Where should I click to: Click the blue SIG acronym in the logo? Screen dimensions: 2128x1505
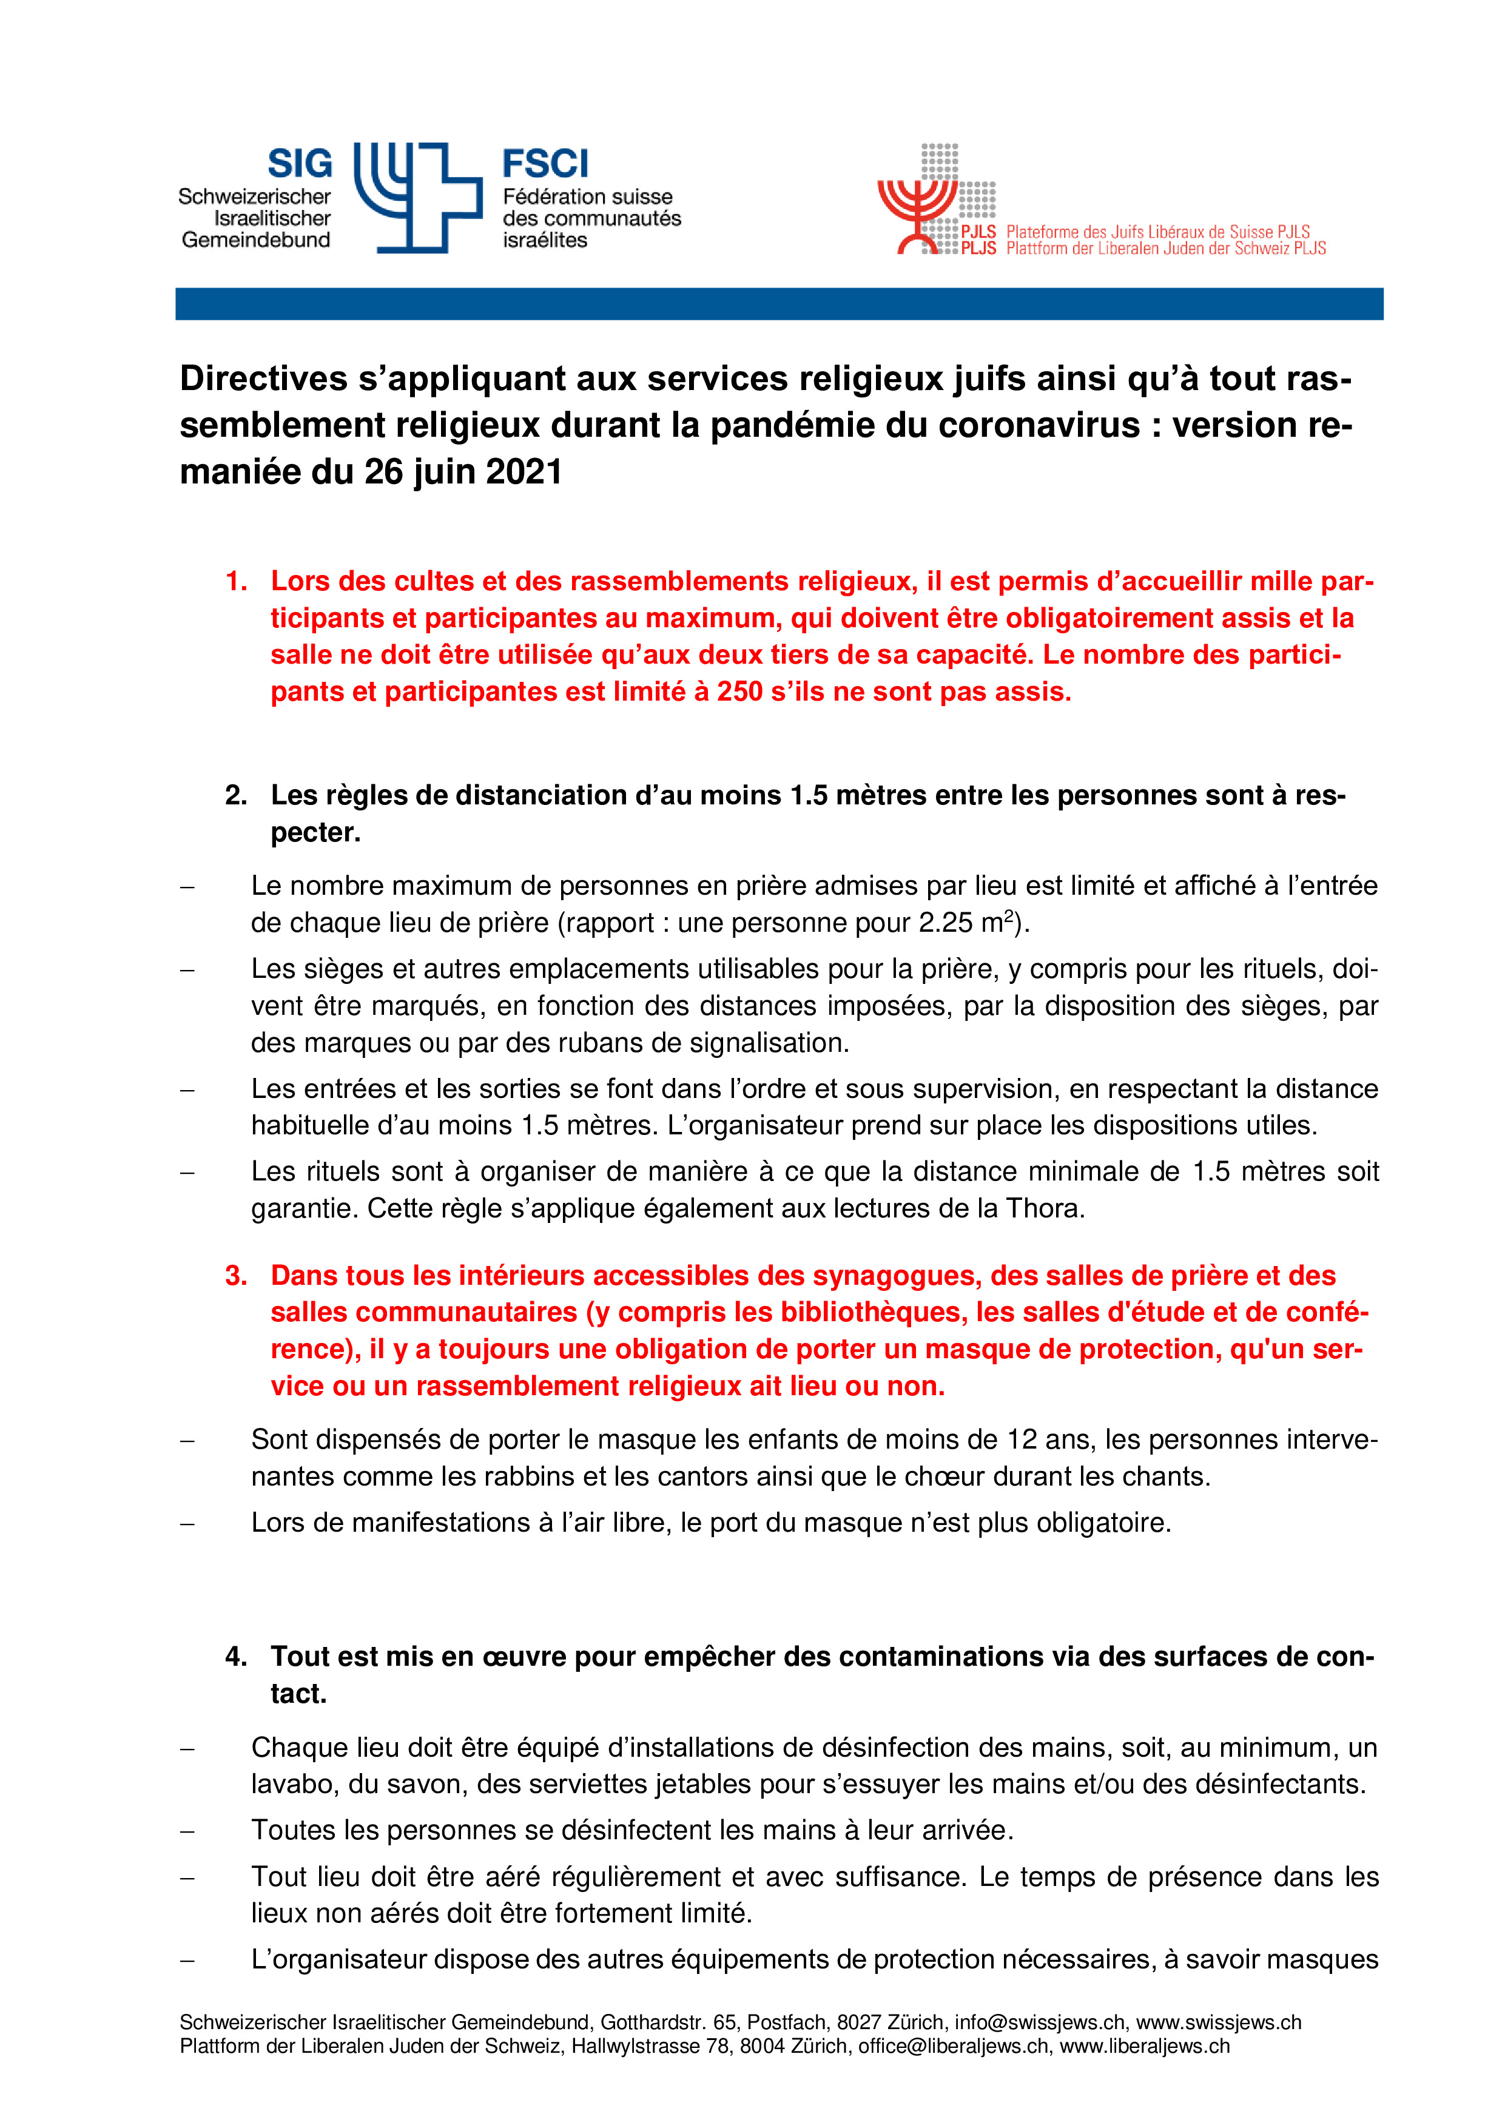coord(299,164)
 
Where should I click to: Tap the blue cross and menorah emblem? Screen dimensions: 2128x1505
coord(418,197)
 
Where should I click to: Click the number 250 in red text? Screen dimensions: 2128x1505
coord(739,692)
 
